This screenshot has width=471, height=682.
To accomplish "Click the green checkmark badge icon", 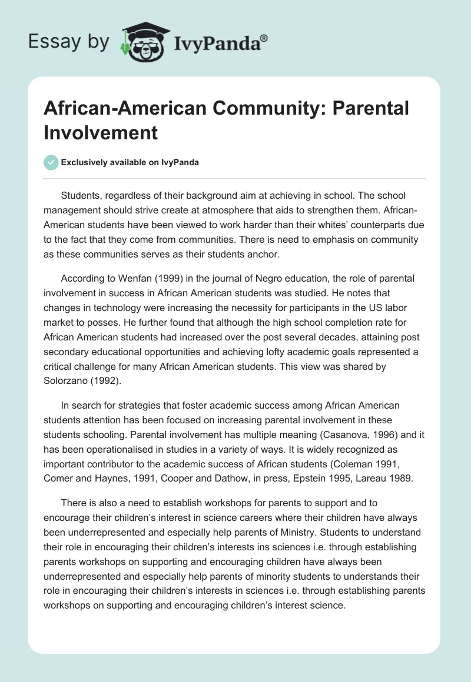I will (x=51, y=162).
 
